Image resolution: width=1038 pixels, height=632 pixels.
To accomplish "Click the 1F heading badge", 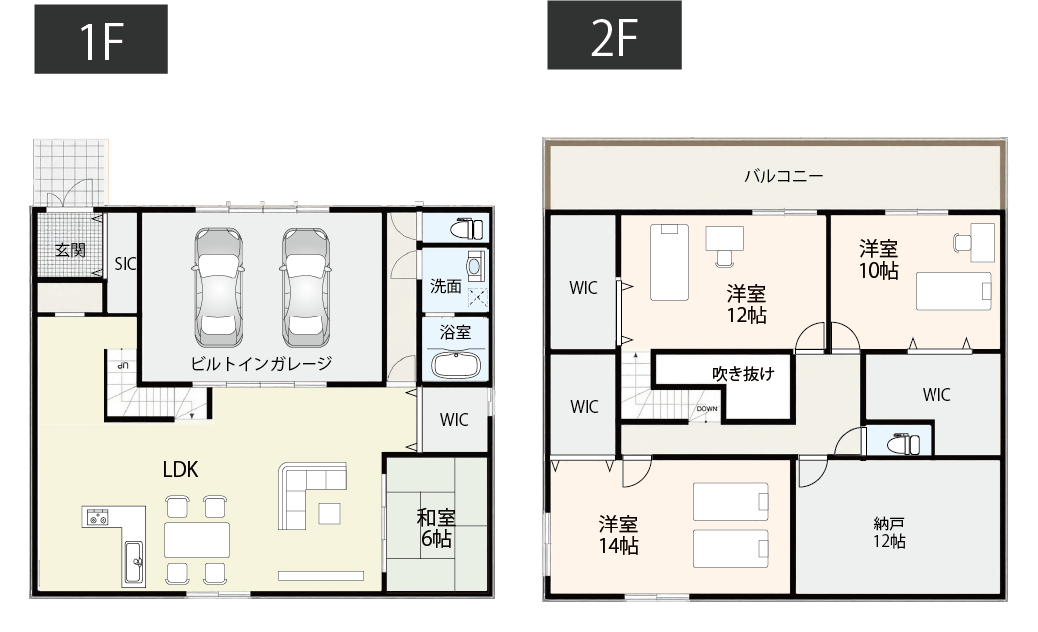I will pyautogui.click(x=101, y=39).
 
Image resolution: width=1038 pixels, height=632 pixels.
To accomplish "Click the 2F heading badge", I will pyautogui.click(x=614, y=35).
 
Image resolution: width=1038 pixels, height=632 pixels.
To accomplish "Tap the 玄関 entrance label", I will pyautogui.click(x=70, y=249).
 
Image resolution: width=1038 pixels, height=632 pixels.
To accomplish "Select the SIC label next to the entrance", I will pyautogui.click(x=125, y=264).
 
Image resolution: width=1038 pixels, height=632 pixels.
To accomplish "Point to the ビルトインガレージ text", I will pyautogui.click(x=261, y=363).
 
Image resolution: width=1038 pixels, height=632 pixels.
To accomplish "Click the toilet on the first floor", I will pyautogui.click(x=464, y=228).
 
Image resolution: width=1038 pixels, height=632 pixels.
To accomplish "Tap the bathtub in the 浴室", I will pyautogui.click(x=456, y=365).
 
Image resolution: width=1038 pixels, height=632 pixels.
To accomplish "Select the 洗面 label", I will pyautogui.click(x=445, y=286).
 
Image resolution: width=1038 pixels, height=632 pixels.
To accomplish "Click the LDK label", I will pyautogui.click(x=180, y=470).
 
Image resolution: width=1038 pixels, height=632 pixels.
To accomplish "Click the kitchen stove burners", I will pyautogui.click(x=99, y=516).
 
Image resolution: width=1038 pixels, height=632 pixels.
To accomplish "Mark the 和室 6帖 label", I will pyautogui.click(x=435, y=528).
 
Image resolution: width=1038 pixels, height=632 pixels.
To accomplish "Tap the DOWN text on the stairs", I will pyautogui.click(x=707, y=409).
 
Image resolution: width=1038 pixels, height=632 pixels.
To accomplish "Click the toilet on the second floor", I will pyautogui.click(x=902, y=441).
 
